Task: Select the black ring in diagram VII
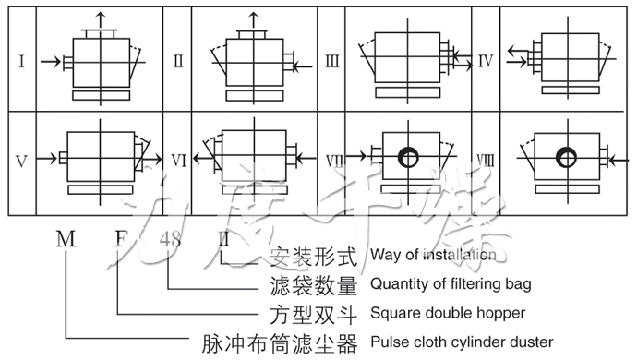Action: tap(405, 158)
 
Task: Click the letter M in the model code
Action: tap(66, 241)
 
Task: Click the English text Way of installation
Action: tap(432, 254)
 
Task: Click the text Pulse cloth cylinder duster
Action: tap(462, 342)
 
